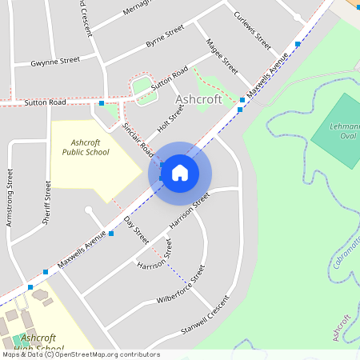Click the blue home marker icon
pos(180,172)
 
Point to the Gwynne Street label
pos(55,60)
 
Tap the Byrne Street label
pos(165,38)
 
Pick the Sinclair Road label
pos(138,138)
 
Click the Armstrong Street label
pos(10,196)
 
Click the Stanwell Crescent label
pos(204,314)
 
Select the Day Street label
pos(136,230)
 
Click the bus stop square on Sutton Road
pos(102,103)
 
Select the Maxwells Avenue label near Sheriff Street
pos(82,250)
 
